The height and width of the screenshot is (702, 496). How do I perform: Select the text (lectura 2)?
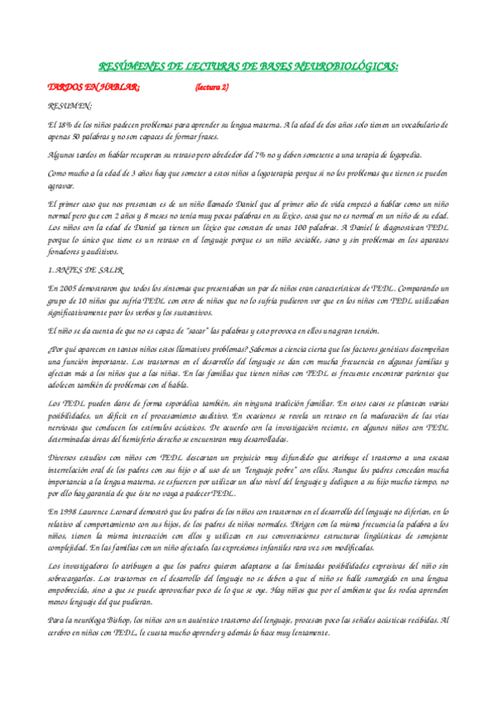[213, 87]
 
